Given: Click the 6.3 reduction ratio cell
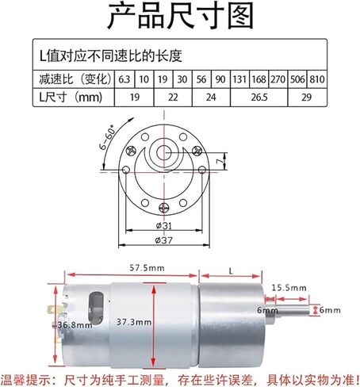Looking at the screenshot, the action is tap(124, 79).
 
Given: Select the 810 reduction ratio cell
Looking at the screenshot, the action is tap(317, 79).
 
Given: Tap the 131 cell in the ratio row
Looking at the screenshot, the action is tap(239, 79).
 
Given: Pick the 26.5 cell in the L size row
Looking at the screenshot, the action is tap(259, 98).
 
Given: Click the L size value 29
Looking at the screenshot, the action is tap(307, 98).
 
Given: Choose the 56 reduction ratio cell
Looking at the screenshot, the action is tap(201, 79).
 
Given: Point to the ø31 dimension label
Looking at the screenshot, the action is tap(164, 225).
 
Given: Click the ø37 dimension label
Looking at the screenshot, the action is tap(164, 240).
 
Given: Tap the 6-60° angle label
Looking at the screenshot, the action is tap(107, 139).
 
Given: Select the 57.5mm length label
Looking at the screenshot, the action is tap(147, 268).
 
